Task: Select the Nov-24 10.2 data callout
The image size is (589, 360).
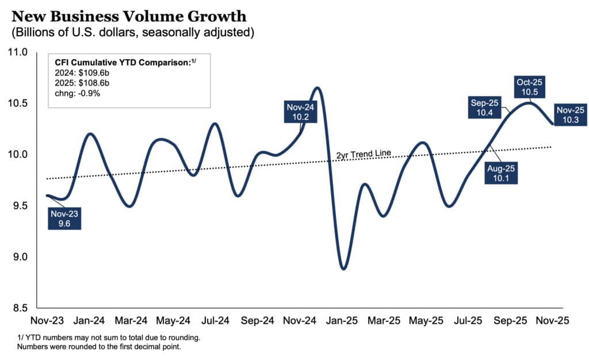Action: tap(301, 112)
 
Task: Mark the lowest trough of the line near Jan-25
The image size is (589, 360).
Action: tap(343, 269)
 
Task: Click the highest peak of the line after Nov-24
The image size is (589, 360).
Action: tap(317, 87)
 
